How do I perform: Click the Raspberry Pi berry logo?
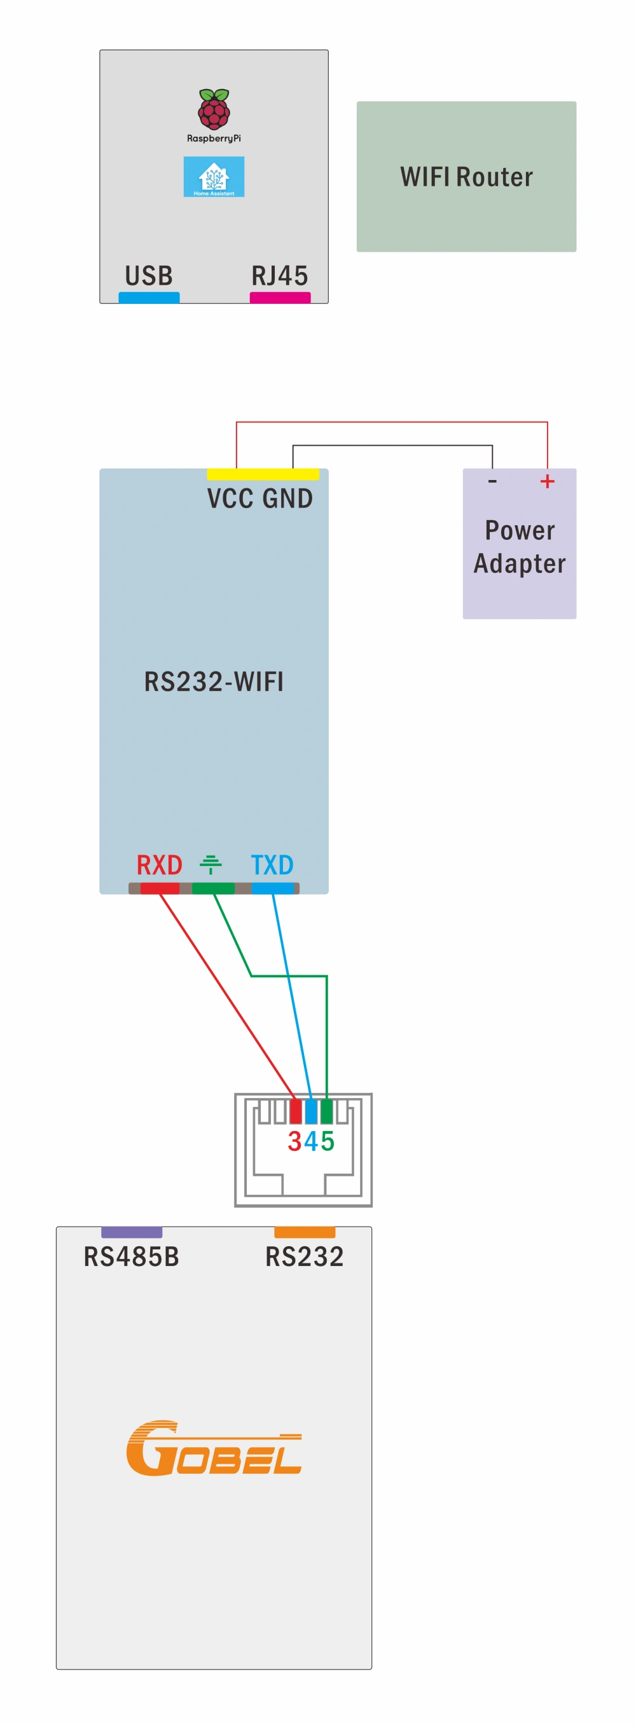214,109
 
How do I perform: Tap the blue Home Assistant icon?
214,177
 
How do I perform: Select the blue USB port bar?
149,298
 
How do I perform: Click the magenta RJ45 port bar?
280,298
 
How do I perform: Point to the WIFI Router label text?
466,177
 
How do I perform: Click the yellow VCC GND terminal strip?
263,474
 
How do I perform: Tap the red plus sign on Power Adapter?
547,481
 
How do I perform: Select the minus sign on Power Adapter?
492,481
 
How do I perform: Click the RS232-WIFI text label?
214,682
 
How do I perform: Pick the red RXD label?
160,865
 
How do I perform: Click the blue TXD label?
272,865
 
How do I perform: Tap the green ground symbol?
211,865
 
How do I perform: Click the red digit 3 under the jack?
294,1141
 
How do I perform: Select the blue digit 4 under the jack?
310,1141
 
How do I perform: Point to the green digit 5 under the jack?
328,1141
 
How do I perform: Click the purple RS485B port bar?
131,1232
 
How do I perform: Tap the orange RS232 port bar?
305,1232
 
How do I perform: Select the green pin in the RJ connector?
326,1111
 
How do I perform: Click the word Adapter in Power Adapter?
520,564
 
